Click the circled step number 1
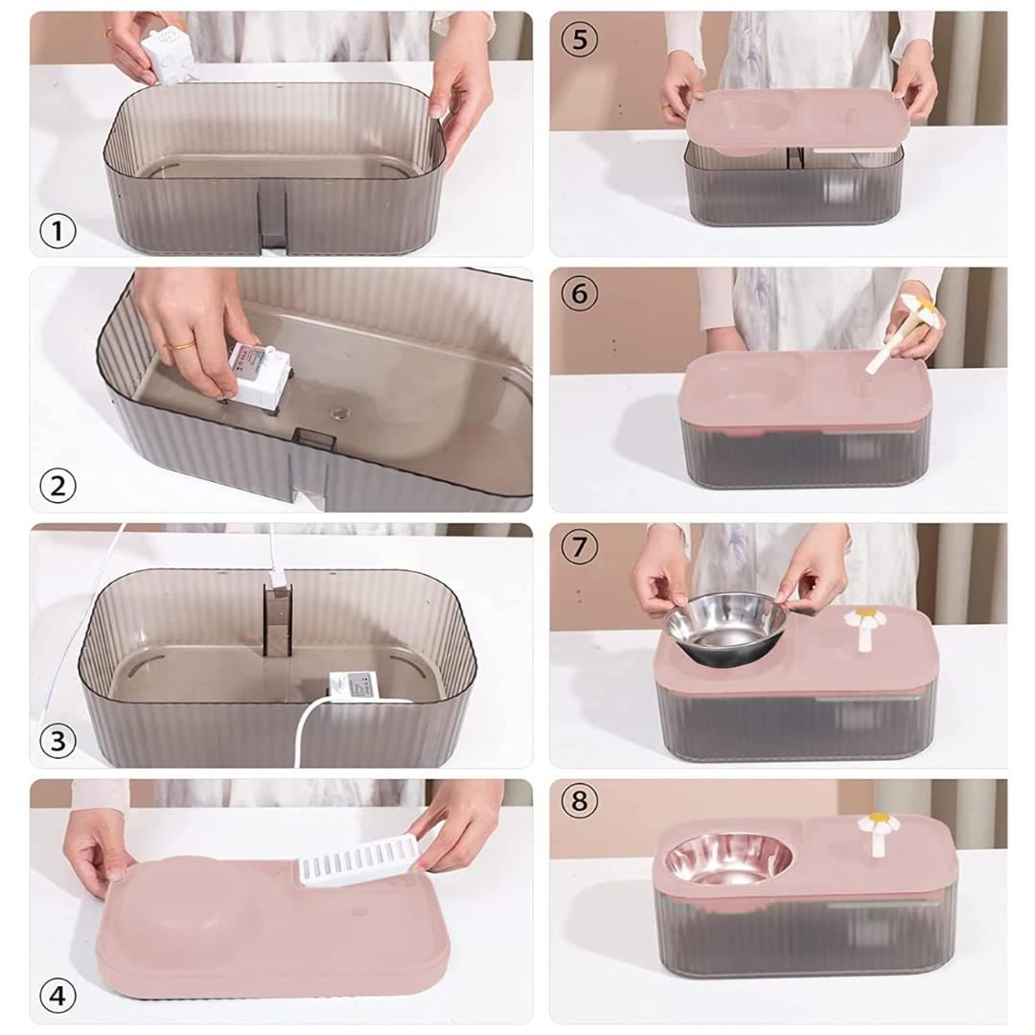click(57, 231)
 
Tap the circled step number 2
click(57, 487)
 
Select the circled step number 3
click(57, 741)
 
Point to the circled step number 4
click(57, 996)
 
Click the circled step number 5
click(579, 39)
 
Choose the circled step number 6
click(579, 294)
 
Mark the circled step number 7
click(579, 547)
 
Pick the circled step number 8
click(579, 800)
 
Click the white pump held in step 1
click(168, 59)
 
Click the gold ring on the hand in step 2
click(181, 344)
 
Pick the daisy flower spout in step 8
click(877, 833)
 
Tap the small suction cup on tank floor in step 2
click(339, 414)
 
